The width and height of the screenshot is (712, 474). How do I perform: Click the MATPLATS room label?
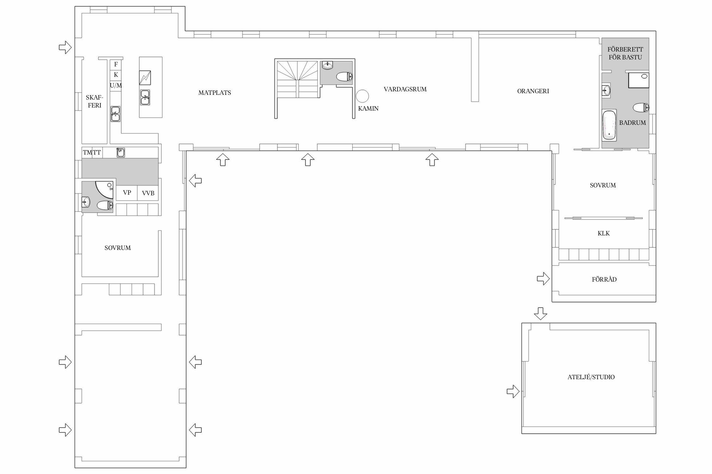(x=215, y=93)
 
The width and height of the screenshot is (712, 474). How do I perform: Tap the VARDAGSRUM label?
(x=405, y=89)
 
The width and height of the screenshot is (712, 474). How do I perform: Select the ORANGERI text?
(x=533, y=91)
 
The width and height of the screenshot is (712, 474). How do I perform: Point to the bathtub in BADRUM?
(x=609, y=125)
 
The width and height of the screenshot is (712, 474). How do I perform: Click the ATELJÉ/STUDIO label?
(x=591, y=377)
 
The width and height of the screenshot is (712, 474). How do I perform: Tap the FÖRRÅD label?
(x=604, y=279)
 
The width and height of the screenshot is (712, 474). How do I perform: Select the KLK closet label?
(x=603, y=234)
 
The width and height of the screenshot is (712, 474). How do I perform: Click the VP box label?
(x=127, y=192)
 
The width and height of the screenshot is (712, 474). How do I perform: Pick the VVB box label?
(x=148, y=193)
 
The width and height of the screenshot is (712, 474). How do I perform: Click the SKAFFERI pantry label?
(x=94, y=101)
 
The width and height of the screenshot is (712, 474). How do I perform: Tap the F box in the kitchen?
(x=116, y=64)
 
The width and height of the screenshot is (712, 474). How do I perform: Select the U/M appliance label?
(x=116, y=86)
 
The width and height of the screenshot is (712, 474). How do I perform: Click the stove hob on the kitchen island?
(x=145, y=78)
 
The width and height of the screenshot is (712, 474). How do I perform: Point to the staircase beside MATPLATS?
(x=297, y=80)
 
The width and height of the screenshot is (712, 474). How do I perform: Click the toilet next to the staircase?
(x=344, y=76)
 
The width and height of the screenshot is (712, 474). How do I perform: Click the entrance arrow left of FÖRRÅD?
(x=543, y=279)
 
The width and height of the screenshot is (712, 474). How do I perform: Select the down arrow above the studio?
(x=540, y=313)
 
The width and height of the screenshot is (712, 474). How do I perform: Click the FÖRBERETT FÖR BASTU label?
(x=625, y=53)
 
